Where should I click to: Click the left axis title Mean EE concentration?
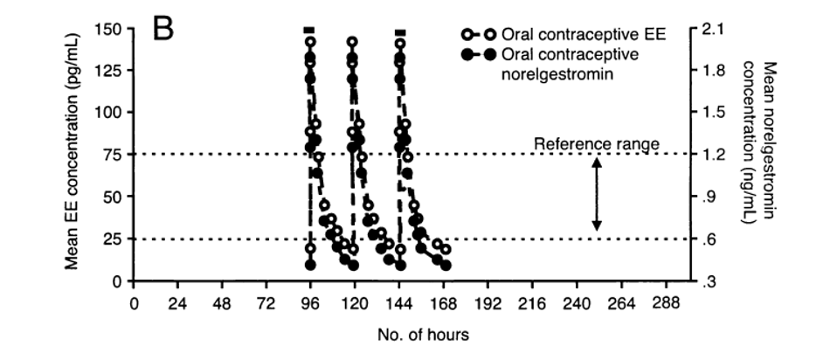coord(77,155)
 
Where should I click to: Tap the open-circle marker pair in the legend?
coord(479,36)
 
